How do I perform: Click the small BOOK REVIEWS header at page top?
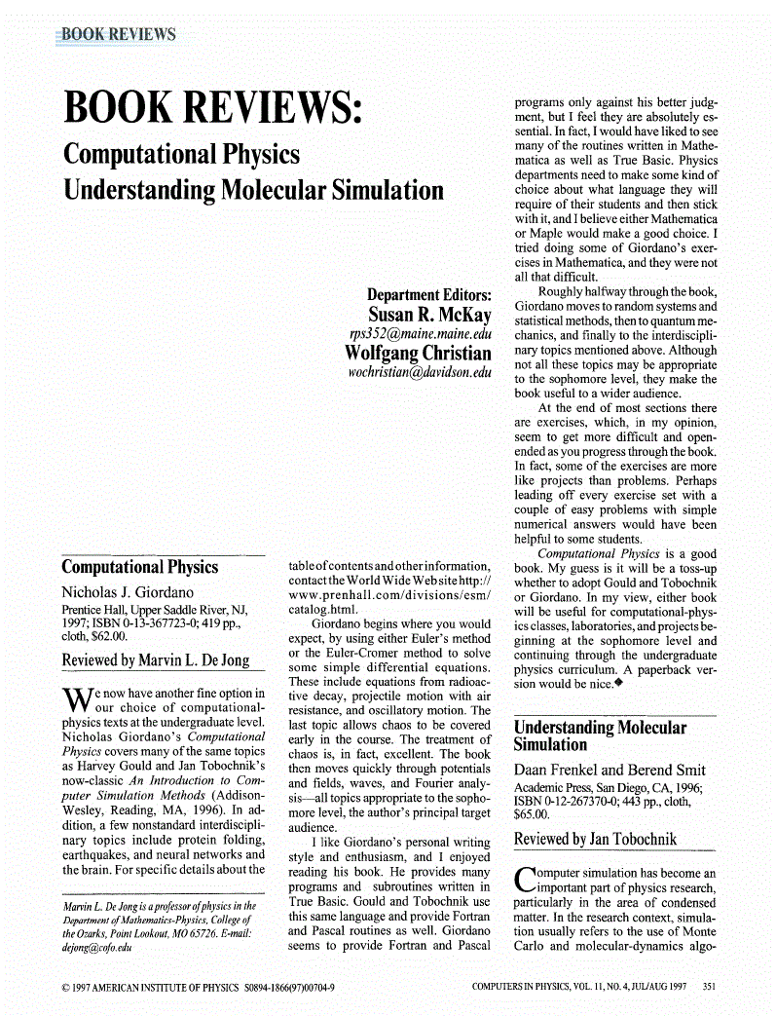click(x=119, y=35)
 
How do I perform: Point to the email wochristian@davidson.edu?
click(x=420, y=372)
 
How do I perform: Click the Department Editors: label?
click(x=428, y=294)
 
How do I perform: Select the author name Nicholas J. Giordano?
click(x=128, y=592)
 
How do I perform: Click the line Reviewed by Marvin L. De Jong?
click(x=156, y=660)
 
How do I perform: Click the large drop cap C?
click(x=524, y=880)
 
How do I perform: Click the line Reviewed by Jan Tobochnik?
click(x=595, y=839)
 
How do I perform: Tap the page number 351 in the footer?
click(x=709, y=987)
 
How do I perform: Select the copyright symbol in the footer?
click(x=64, y=987)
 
